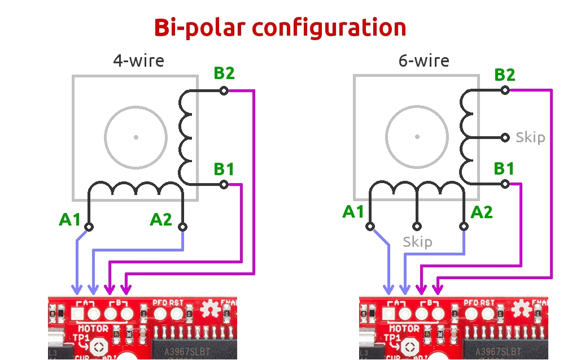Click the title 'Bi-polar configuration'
pos(280,27)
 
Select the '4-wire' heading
pos(138,60)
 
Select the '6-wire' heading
pos(424,60)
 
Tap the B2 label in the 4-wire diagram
pos(224,73)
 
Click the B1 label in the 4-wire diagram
pos(224,169)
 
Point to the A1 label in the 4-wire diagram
pos(71,219)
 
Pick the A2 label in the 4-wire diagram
pos(161,219)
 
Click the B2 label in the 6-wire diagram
pos(504,75)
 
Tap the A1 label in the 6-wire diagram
pos(354,212)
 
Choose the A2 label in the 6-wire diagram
pos(481,212)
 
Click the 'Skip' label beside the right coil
pos(530,137)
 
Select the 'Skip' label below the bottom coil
pos(417,242)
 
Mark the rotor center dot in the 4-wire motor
pos(136,137)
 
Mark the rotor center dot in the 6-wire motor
pos(417,137)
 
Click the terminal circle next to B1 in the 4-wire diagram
pos(224,184)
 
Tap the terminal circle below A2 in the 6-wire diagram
pos(464,227)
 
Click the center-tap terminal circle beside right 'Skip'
pos(505,137)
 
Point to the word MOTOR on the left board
pos(93,328)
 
